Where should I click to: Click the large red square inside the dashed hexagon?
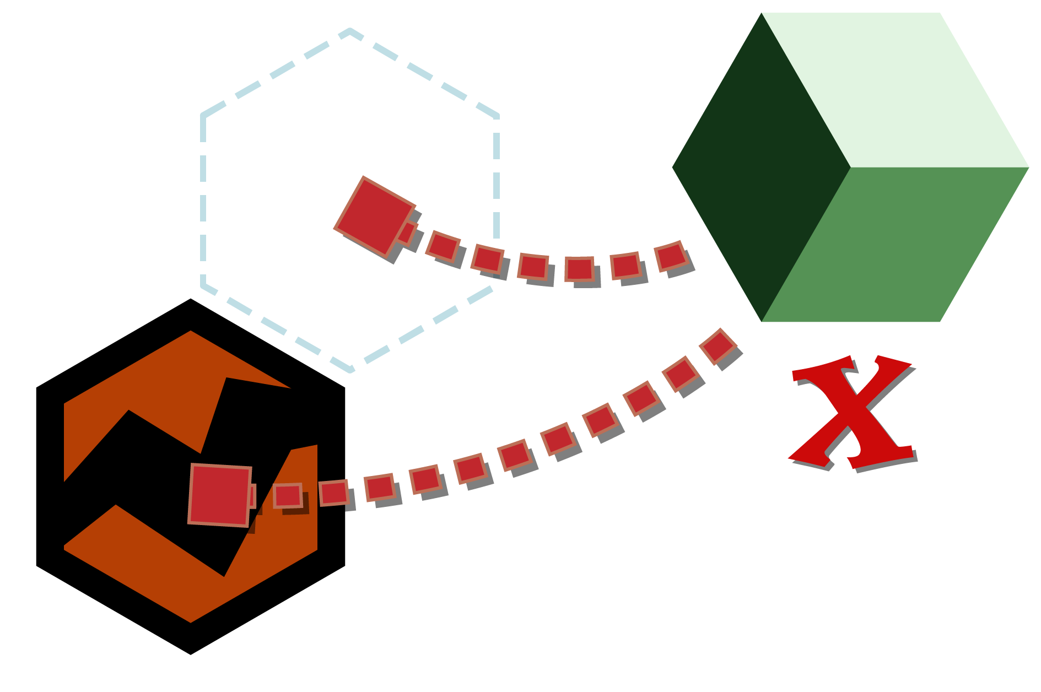375,217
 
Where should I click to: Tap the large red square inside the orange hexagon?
220,495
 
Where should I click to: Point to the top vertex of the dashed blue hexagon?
350,30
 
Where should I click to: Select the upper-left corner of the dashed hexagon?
203,115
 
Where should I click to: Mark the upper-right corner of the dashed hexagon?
497,116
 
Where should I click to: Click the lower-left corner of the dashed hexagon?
203,285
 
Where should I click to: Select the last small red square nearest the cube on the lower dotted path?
718,347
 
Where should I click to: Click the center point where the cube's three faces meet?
850,167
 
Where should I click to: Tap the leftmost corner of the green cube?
673,167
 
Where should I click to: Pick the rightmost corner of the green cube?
1028,167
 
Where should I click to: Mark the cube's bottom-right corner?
940,322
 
